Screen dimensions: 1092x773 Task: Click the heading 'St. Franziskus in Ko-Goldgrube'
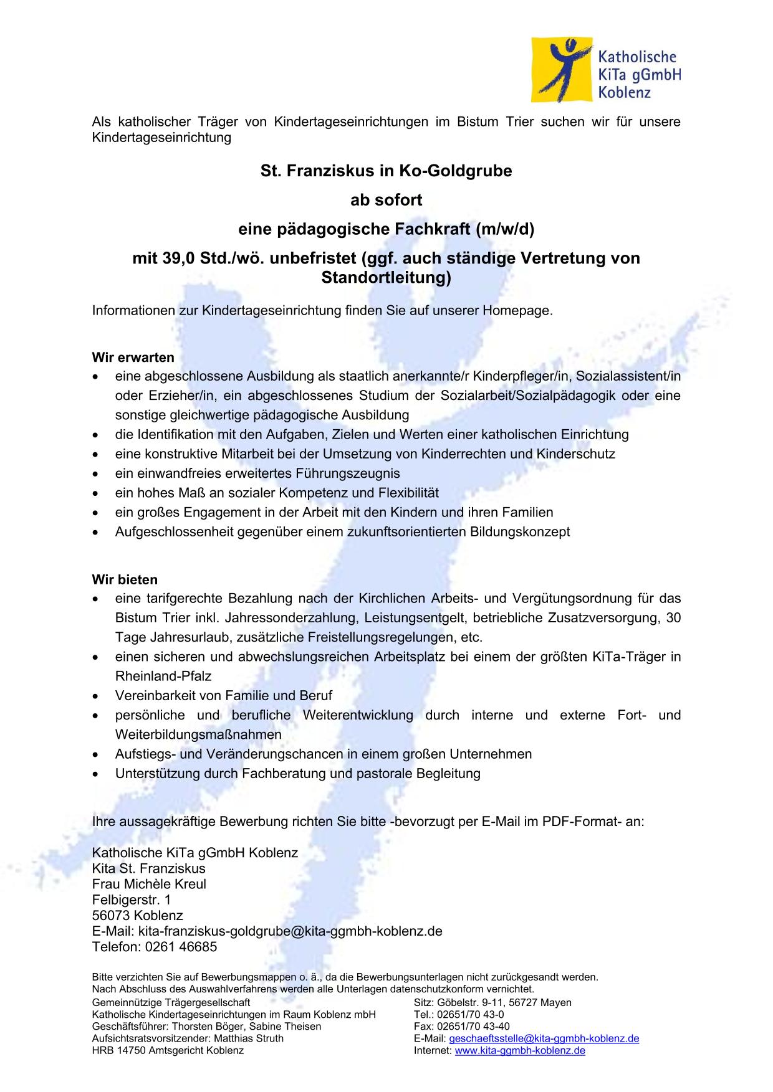click(386, 171)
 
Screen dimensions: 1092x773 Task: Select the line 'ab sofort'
click(386, 200)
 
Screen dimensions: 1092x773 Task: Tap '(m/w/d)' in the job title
click(504, 229)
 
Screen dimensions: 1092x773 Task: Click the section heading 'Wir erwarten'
click(133, 358)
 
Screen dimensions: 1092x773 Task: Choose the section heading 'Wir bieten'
click(125, 580)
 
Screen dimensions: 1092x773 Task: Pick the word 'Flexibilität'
click(408, 493)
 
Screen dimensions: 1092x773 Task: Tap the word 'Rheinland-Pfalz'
click(163, 676)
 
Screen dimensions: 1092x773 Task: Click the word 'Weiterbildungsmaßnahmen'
click(198, 734)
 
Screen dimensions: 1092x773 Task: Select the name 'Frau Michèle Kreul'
click(149, 884)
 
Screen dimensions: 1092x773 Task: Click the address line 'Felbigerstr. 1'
click(131, 900)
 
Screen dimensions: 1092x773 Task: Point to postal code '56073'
click(111, 916)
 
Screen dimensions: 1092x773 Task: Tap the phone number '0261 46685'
click(181, 947)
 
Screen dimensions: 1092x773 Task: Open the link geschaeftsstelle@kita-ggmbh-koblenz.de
click(544, 1038)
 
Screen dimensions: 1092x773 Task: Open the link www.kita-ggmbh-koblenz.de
click(520, 1050)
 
